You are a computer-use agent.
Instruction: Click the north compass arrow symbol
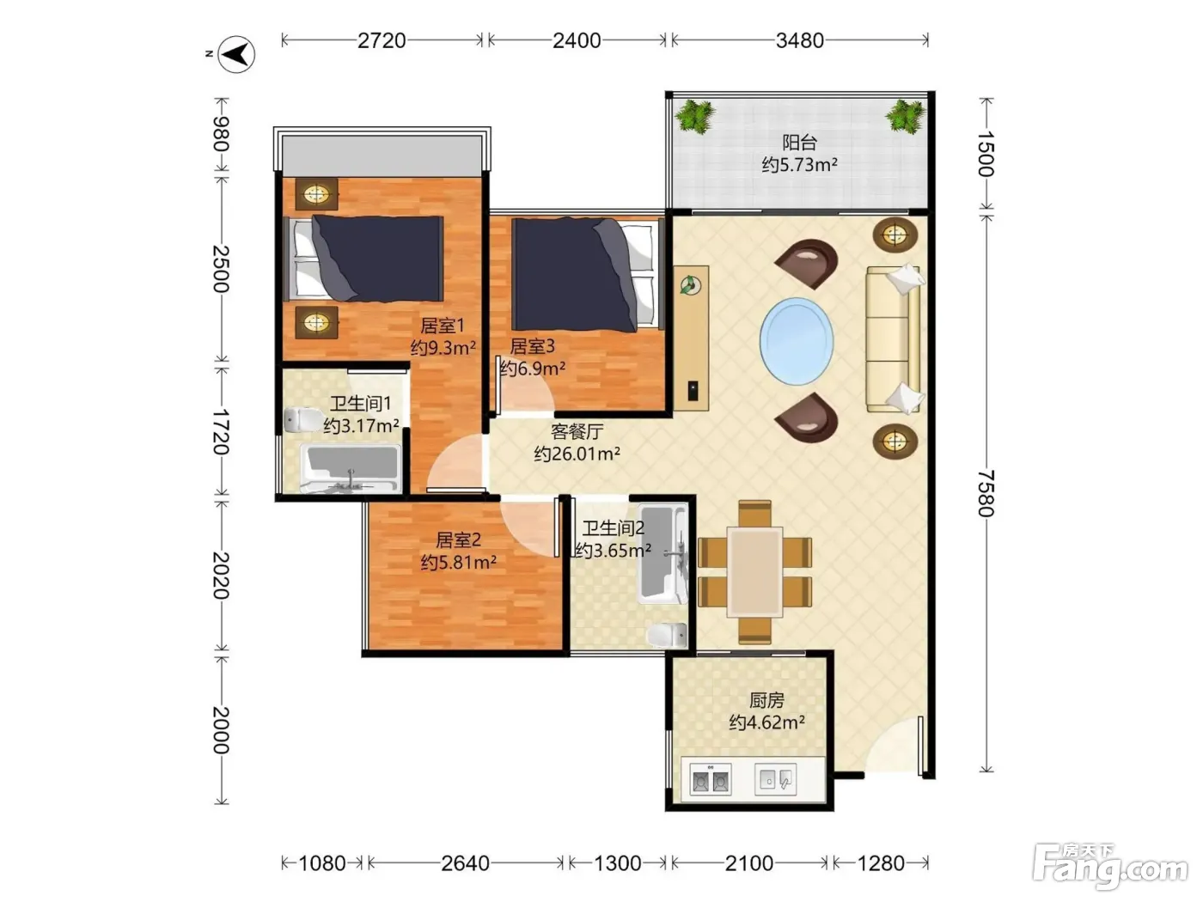(236, 54)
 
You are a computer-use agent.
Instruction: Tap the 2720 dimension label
(382, 40)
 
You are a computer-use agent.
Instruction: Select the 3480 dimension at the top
(800, 40)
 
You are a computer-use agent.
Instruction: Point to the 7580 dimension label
(986, 493)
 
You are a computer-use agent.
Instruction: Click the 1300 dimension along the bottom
(618, 863)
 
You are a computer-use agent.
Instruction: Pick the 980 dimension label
(221, 134)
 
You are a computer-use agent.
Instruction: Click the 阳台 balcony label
(800, 143)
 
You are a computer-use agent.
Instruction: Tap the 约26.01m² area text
(577, 454)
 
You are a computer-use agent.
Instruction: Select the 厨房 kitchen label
(766, 700)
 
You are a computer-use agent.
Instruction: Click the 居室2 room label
(458, 540)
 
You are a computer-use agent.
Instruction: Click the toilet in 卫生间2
(667, 636)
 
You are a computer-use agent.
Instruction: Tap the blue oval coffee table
(797, 341)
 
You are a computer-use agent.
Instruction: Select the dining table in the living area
(754, 572)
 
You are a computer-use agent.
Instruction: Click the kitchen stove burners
(711, 779)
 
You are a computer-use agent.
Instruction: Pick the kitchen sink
(776, 779)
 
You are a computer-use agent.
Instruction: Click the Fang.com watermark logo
(1109, 865)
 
